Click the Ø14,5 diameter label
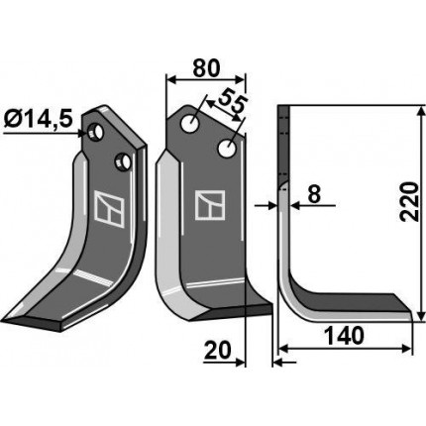tap(39, 119)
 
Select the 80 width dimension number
tap(206, 68)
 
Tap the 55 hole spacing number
tap(233, 101)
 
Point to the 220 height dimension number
tap(409, 201)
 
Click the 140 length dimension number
tap(345, 336)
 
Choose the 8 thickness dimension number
tap(314, 194)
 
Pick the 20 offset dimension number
tap(217, 351)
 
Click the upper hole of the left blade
tap(95, 132)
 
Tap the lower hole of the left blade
tap(123, 161)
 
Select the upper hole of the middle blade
tap(189, 124)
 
